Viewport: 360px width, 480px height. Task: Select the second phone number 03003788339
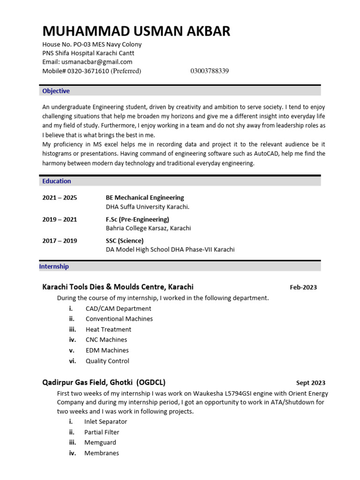[x=210, y=71]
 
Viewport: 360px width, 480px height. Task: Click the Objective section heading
[x=56, y=91]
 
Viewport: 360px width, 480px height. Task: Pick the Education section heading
[x=57, y=181]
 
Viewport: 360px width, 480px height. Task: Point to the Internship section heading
[x=54, y=266]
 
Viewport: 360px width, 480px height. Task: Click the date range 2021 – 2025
[x=60, y=198]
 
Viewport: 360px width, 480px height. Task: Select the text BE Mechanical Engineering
[x=145, y=198]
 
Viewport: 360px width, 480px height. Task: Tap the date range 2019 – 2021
[x=60, y=219]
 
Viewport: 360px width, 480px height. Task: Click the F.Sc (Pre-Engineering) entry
[x=137, y=219]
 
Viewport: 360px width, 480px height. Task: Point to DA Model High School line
[x=170, y=249]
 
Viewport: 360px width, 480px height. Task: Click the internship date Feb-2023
[x=303, y=287]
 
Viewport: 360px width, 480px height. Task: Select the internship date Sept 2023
[x=311, y=383]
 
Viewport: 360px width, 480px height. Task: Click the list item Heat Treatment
[x=108, y=330]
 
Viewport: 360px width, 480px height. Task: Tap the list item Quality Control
[x=107, y=361]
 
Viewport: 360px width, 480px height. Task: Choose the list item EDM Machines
[x=107, y=350]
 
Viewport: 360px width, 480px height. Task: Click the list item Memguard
[x=100, y=442]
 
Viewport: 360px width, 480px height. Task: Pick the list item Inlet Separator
[x=105, y=421]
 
